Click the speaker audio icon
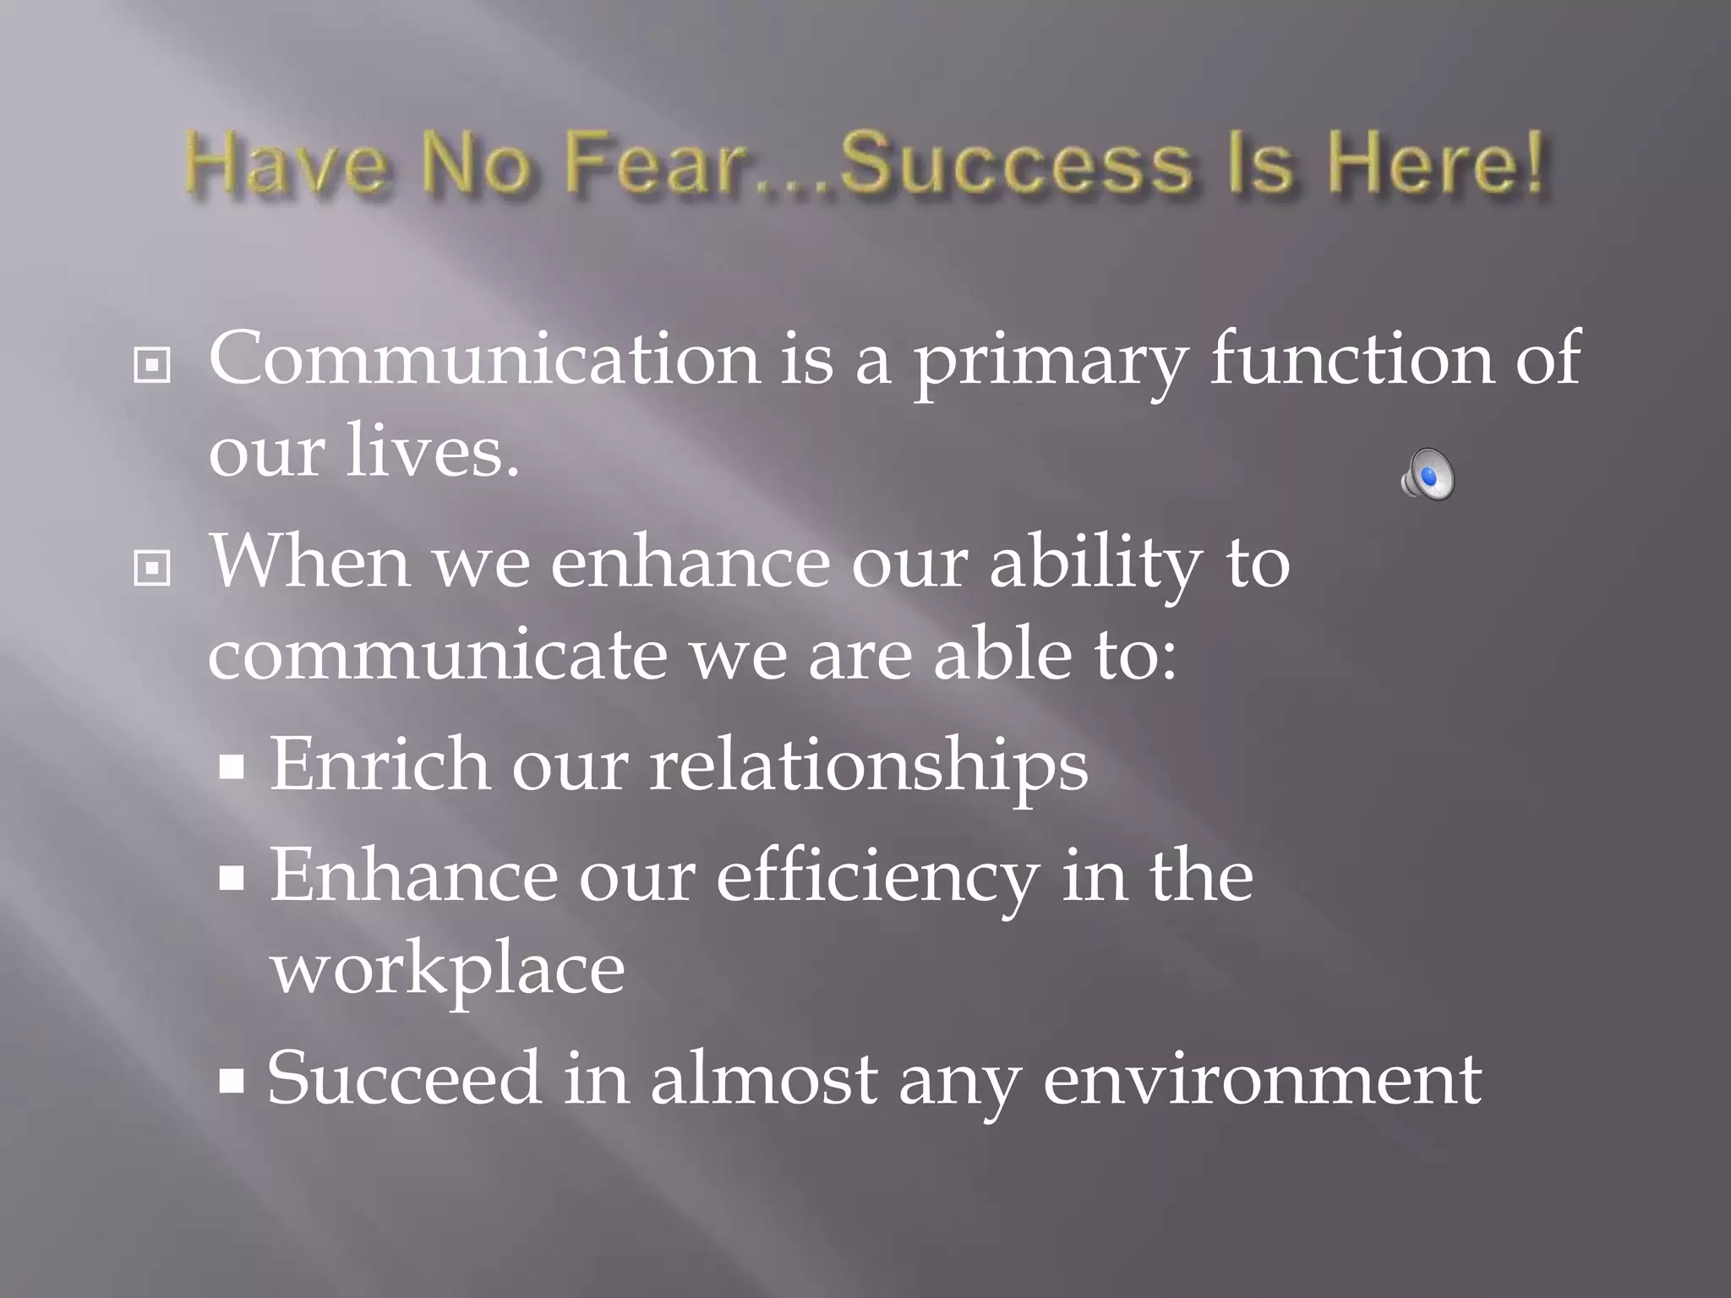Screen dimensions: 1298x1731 point(1428,474)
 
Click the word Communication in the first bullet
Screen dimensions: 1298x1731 point(483,358)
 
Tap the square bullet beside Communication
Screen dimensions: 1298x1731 point(152,365)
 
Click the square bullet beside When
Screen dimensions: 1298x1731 point(152,568)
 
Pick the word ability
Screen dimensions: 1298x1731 point(1096,564)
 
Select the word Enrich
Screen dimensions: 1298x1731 point(380,764)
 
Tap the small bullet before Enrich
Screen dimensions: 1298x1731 point(232,768)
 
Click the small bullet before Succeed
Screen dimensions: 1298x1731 point(232,1081)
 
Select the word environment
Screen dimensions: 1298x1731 point(1262,1079)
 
